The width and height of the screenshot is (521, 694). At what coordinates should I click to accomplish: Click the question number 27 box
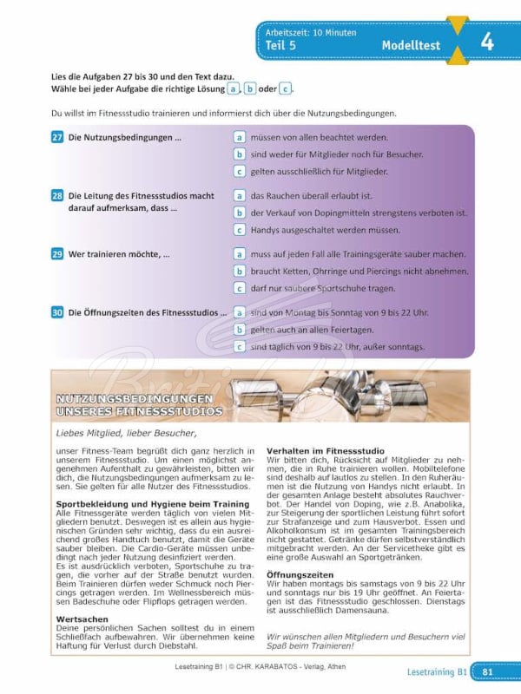click(x=56, y=137)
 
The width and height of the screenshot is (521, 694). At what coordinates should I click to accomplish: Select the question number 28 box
click(x=56, y=196)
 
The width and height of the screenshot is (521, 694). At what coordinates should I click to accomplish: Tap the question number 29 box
click(x=56, y=255)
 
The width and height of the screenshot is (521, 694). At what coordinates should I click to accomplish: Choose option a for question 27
click(x=239, y=137)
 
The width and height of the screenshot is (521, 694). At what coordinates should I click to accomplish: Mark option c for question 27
click(x=239, y=172)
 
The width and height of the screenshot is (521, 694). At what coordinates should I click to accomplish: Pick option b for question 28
click(x=239, y=213)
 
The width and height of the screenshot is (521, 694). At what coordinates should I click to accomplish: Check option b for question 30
click(x=239, y=331)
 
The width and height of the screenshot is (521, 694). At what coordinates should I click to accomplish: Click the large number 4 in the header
click(x=487, y=42)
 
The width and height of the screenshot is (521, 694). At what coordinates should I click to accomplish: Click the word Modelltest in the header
click(x=411, y=45)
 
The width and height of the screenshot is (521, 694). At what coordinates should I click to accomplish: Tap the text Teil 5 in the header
click(x=283, y=45)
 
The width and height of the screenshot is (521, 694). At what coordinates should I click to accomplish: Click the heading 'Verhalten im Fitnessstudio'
click(x=320, y=450)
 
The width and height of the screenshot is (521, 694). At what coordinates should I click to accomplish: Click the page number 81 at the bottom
click(x=488, y=671)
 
